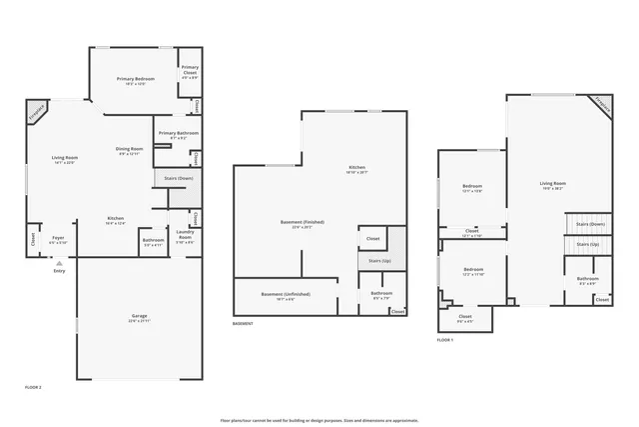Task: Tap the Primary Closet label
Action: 189,71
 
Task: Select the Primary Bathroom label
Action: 178,134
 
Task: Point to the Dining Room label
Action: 131,150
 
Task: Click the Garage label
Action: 139,317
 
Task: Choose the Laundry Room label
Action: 185,238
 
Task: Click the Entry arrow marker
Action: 59,263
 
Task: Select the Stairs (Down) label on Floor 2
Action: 166,178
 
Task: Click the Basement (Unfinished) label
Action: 286,295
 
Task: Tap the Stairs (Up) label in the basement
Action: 371,260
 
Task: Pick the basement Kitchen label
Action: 356,168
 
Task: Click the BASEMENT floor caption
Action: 243,324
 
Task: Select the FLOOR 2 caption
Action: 33,386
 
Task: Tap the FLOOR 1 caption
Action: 445,340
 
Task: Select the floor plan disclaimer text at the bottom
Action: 319,420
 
